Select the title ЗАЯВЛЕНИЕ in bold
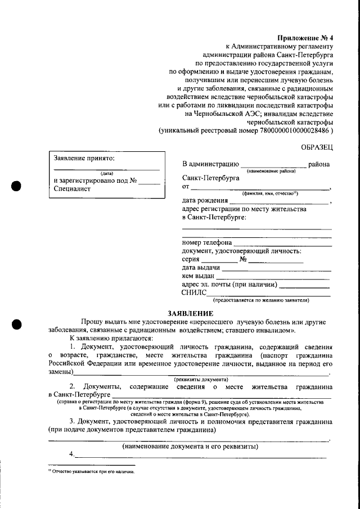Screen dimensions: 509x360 [191, 313]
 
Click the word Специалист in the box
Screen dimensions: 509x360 [72, 189]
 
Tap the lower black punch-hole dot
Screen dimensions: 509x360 [17, 324]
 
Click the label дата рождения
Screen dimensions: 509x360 [205, 200]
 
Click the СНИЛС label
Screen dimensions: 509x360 [194, 293]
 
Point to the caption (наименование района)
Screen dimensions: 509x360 [271, 170]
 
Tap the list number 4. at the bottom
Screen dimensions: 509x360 [72, 454]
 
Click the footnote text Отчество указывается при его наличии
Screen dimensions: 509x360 [93, 472]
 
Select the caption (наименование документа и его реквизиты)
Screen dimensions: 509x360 [190, 447]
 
